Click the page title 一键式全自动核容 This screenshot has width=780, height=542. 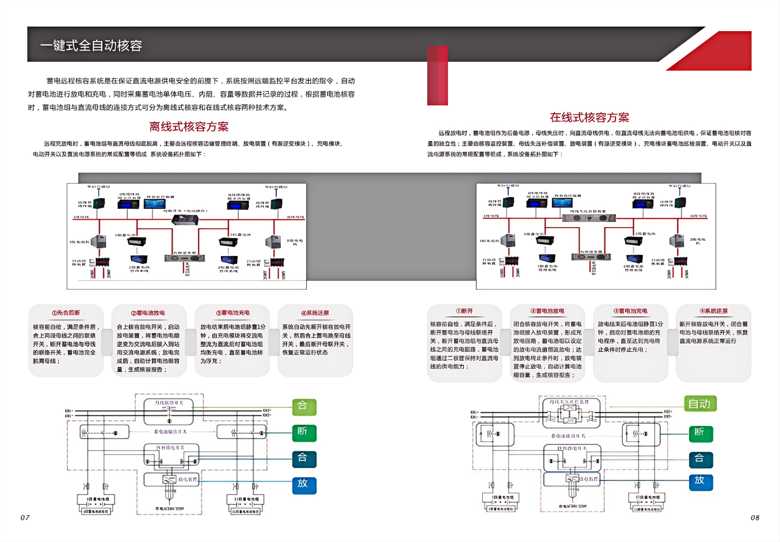(91, 45)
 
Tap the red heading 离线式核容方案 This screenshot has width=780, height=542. (189, 127)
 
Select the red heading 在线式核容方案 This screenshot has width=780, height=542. (589, 117)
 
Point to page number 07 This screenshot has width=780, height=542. (25, 518)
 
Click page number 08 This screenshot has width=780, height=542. (755, 518)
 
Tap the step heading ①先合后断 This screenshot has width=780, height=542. (66, 313)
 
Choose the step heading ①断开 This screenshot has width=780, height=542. (464, 311)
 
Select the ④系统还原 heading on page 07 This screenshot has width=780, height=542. (315, 313)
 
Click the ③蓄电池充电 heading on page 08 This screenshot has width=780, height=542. (630, 311)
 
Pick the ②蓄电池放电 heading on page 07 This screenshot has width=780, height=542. (148, 313)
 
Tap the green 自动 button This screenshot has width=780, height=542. (700, 404)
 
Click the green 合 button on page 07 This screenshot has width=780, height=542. (304, 406)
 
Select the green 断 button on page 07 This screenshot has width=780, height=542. (304, 432)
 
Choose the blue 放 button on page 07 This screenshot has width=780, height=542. (304, 484)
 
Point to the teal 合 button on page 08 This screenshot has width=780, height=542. (701, 459)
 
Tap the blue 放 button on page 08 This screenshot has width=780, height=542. (701, 481)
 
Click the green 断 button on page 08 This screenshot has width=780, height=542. (701, 433)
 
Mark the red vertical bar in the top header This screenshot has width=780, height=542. (438, 75)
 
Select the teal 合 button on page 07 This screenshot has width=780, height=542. (304, 458)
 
